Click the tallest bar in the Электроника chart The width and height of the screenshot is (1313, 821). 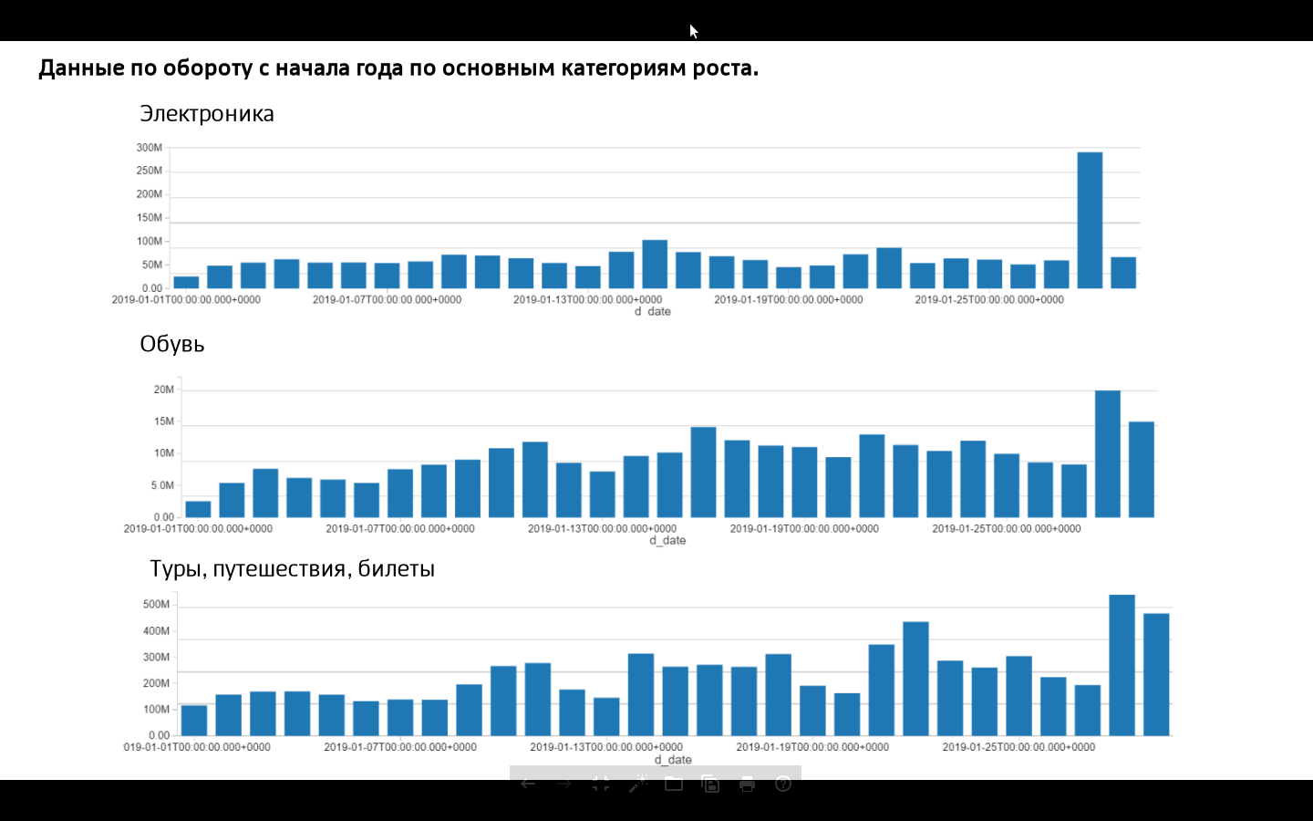(x=1090, y=221)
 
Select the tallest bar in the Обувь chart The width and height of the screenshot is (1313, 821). (x=1107, y=454)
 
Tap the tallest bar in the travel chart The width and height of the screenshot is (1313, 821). (x=1122, y=665)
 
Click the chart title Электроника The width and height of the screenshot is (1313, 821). (x=207, y=114)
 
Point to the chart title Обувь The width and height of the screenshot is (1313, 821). (x=172, y=344)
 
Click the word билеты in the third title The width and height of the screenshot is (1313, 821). (x=396, y=569)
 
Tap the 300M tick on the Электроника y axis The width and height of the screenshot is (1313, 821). (x=150, y=148)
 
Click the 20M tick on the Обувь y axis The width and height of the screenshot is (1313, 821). (x=164, y=390)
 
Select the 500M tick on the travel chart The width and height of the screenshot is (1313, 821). (x=156, y=604)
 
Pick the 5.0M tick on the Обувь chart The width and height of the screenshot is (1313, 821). (x=162, y=485)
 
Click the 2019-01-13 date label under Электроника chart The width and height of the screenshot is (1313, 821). (x=587, y=299)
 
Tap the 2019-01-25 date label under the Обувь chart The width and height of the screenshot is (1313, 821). (x=1006, y=528)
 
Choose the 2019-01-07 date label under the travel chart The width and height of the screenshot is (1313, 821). (x=400, y=747)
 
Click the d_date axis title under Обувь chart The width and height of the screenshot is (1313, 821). (x=667, y=540)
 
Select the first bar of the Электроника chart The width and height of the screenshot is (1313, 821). (x=186, y=282)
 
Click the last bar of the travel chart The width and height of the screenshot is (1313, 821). (x=1156, y=674)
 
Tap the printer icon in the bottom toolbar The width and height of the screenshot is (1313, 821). (x=747, y=784)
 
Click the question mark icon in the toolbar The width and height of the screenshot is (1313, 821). (x=783, y=784)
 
